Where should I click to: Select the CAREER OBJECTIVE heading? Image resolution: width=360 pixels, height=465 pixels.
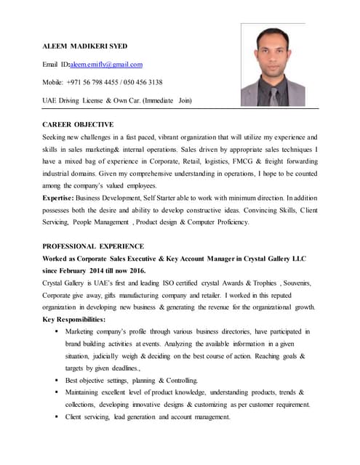point(78,125)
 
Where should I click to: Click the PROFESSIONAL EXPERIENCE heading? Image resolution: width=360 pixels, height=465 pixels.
point(93,246)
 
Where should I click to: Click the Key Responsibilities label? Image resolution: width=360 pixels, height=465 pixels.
point(73,320)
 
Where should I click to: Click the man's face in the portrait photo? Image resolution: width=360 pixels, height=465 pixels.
point(272,55)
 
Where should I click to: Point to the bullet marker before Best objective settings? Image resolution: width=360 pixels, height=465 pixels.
point(57,381)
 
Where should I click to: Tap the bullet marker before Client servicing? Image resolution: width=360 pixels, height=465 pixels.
point(57,417)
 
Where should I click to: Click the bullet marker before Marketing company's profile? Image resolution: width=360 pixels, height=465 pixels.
point(57,332)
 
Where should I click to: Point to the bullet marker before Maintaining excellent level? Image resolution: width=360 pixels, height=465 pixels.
point(57,392)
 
